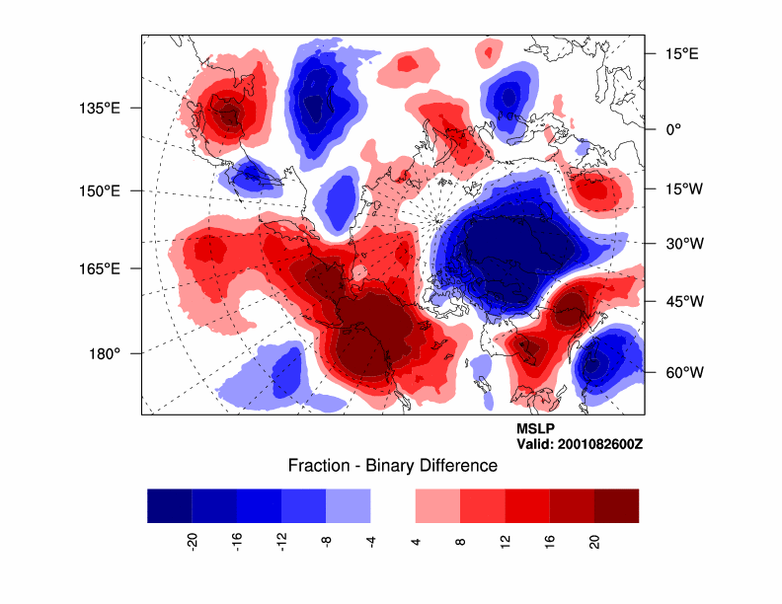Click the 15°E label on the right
tap(679, 53)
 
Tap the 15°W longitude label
tap(681, 189)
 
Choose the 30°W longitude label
tap(681, 243)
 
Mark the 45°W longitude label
tap(681, 301)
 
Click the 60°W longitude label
tap(681, 372)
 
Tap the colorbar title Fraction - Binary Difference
tap(392, 465)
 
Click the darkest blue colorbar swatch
tap(169, 505)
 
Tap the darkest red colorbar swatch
tap(616, 505)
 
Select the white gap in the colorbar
tap(393, 505)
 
